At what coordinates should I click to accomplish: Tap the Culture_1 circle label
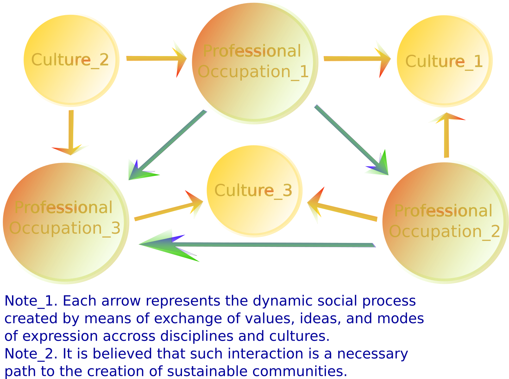point(444,62)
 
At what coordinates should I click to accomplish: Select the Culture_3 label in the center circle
point(253,191)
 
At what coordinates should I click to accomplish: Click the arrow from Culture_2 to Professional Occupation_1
point(155,59)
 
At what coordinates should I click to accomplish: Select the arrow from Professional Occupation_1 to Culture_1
point(356,59)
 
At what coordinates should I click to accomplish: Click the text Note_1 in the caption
point(30,301)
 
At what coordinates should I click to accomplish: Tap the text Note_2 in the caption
point(30,354)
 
